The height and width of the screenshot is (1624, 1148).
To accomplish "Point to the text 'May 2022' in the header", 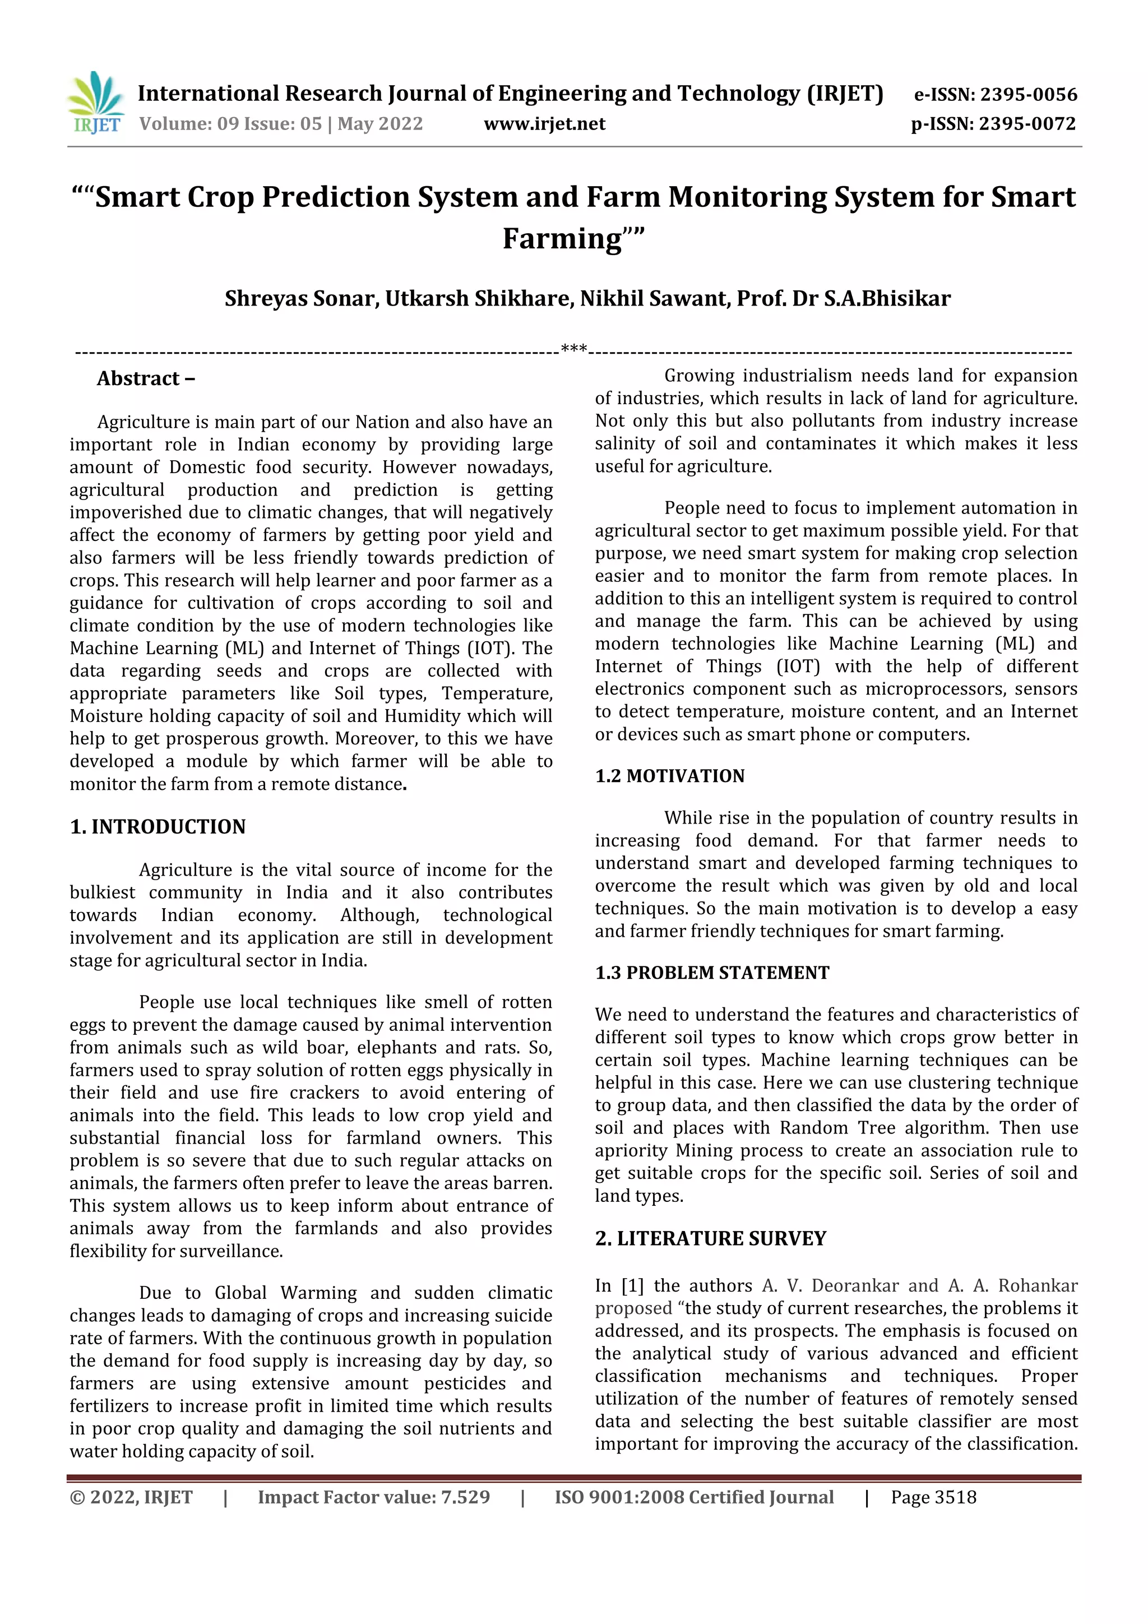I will click(380, 124).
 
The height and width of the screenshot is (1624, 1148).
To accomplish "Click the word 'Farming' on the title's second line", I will click(562, 238).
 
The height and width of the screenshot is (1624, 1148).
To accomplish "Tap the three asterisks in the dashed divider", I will click(573, 349).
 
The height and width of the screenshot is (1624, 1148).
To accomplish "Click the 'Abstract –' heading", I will click(146, 378).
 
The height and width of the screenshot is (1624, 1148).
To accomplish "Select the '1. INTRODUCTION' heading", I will click(157, 826).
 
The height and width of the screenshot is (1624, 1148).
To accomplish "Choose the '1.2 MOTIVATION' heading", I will click(669, 776).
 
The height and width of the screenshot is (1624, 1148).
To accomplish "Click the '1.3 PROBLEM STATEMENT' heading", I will click(711, 973).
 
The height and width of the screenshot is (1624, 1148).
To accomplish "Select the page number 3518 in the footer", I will click(955, 1497).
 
